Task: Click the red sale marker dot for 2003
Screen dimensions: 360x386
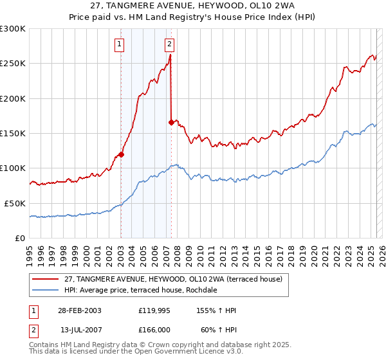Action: tap(121, 154)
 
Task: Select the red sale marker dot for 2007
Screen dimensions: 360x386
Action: tap(171, 122)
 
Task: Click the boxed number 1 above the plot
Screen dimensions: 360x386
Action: tap(120, 44)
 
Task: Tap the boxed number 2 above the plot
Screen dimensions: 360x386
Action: tap(169, 44)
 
